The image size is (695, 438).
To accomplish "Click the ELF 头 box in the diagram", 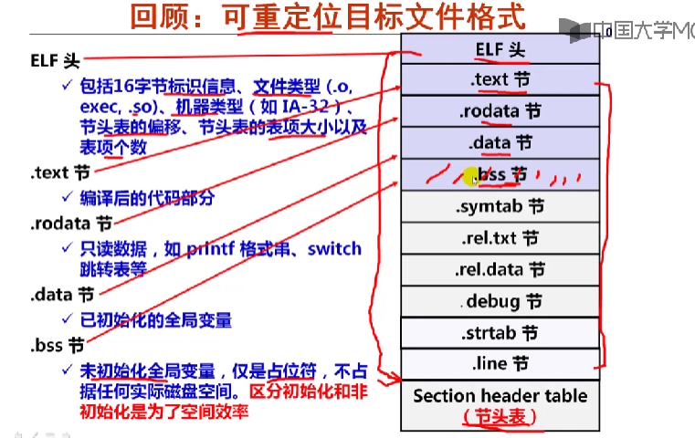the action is click(500, 48).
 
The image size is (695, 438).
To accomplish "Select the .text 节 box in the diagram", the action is click(500, 80).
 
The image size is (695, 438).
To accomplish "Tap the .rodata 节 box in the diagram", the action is click(500, 111).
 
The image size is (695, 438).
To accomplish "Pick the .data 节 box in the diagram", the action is click(500, 143).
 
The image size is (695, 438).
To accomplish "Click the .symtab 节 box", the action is click(500, 207).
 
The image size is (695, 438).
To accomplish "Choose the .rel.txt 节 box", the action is click(500, 239).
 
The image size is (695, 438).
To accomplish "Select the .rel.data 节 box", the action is click(500, 270).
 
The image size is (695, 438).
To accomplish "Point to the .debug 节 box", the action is click(500, 301).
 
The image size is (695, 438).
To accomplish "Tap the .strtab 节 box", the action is click(500, 333).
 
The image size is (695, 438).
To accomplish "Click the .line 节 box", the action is click(500, 364).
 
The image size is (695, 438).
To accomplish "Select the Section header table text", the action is click(500, 396).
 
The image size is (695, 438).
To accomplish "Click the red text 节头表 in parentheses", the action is click(500, 417).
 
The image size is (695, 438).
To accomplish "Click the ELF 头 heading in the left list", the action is click(55, 61).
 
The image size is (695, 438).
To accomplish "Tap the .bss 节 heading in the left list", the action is click(58, 346).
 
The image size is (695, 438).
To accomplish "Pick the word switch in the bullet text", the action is click(334, 248).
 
